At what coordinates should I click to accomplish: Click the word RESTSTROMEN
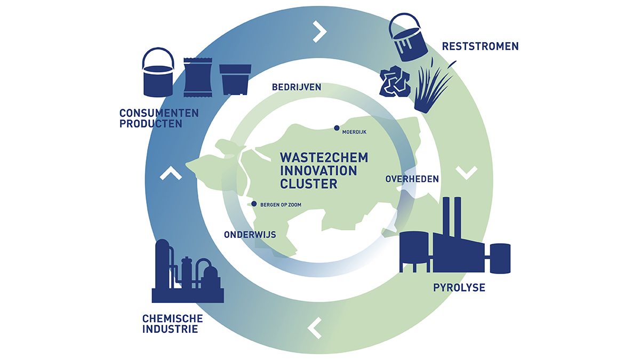(x=481, y=46)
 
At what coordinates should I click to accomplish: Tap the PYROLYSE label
(x=459, y=287)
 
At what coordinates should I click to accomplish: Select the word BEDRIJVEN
(x=297, y=87)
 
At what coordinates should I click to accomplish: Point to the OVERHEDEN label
(x=412, y=179)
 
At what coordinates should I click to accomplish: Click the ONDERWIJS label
(x=250, y=235)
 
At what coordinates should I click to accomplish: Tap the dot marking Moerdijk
(x=337, y=128)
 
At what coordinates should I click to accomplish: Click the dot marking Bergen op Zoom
(x=254, y=204)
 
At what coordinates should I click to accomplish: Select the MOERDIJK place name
(x=354, y=132)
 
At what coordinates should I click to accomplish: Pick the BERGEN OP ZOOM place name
(x=281, y=205)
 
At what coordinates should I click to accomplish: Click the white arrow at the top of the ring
(x=320, y=31)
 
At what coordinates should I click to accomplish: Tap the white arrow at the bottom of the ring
(x=315, y=328)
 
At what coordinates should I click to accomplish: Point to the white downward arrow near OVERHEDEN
(x=467, y=173)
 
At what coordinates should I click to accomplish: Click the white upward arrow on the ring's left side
(x=171, y=173)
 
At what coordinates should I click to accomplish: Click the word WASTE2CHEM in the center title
(x=324, y=158)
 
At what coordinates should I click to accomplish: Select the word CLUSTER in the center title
(x=309, y=184)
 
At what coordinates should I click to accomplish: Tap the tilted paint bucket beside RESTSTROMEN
(x=407, y=37)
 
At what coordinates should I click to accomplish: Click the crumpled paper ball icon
(x=395, y=81)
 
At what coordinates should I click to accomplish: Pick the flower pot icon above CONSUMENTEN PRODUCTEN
(x=235, y=79)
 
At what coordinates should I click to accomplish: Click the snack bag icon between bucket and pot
(x=198, y=77)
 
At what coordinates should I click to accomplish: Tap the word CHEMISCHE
(x=173, y=318)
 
